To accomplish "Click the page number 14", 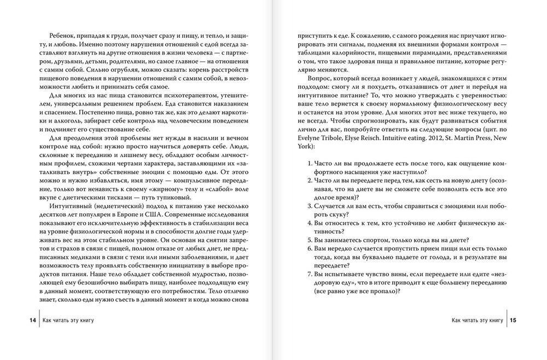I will (x=33, y=320).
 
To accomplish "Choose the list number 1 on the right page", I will (x=309, y=164).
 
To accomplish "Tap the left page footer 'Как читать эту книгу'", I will (x=68, y=320).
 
